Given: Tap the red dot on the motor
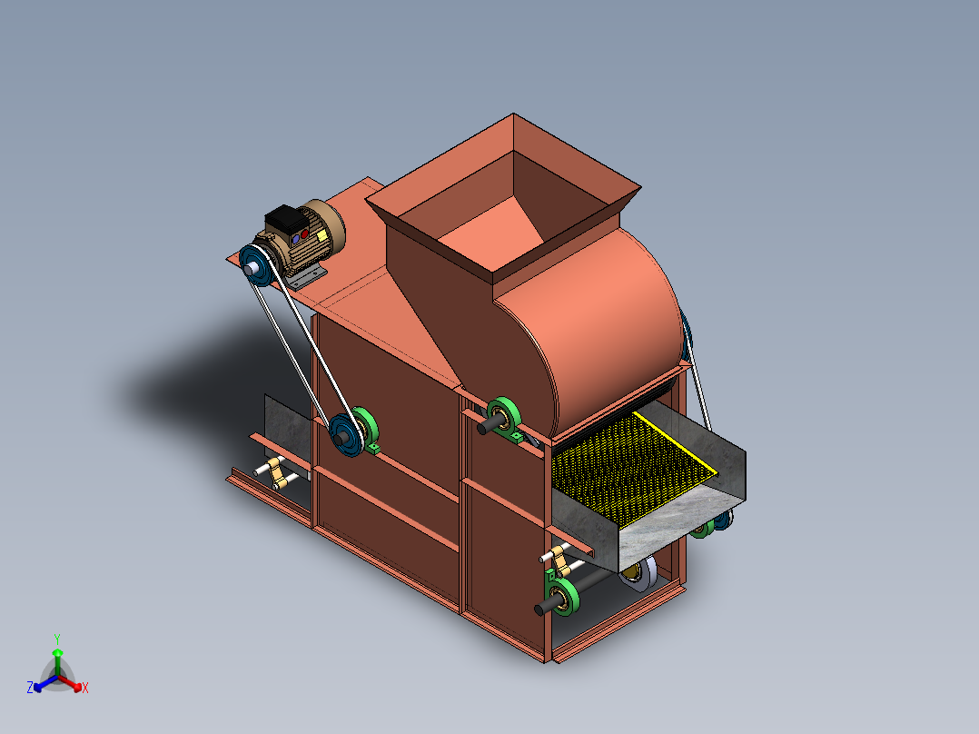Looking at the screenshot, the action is pyautogui.click(x=304, y=234).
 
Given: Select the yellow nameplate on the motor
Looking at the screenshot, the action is pyautogui.click(x=321, y=235).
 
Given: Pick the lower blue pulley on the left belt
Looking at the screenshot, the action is pyautogui.click(x=346, y=435).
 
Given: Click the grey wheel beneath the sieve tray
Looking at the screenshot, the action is pyautogui.click(x=639, y=572).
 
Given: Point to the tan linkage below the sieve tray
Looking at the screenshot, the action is pyautogui.click(x=560, y=560).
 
